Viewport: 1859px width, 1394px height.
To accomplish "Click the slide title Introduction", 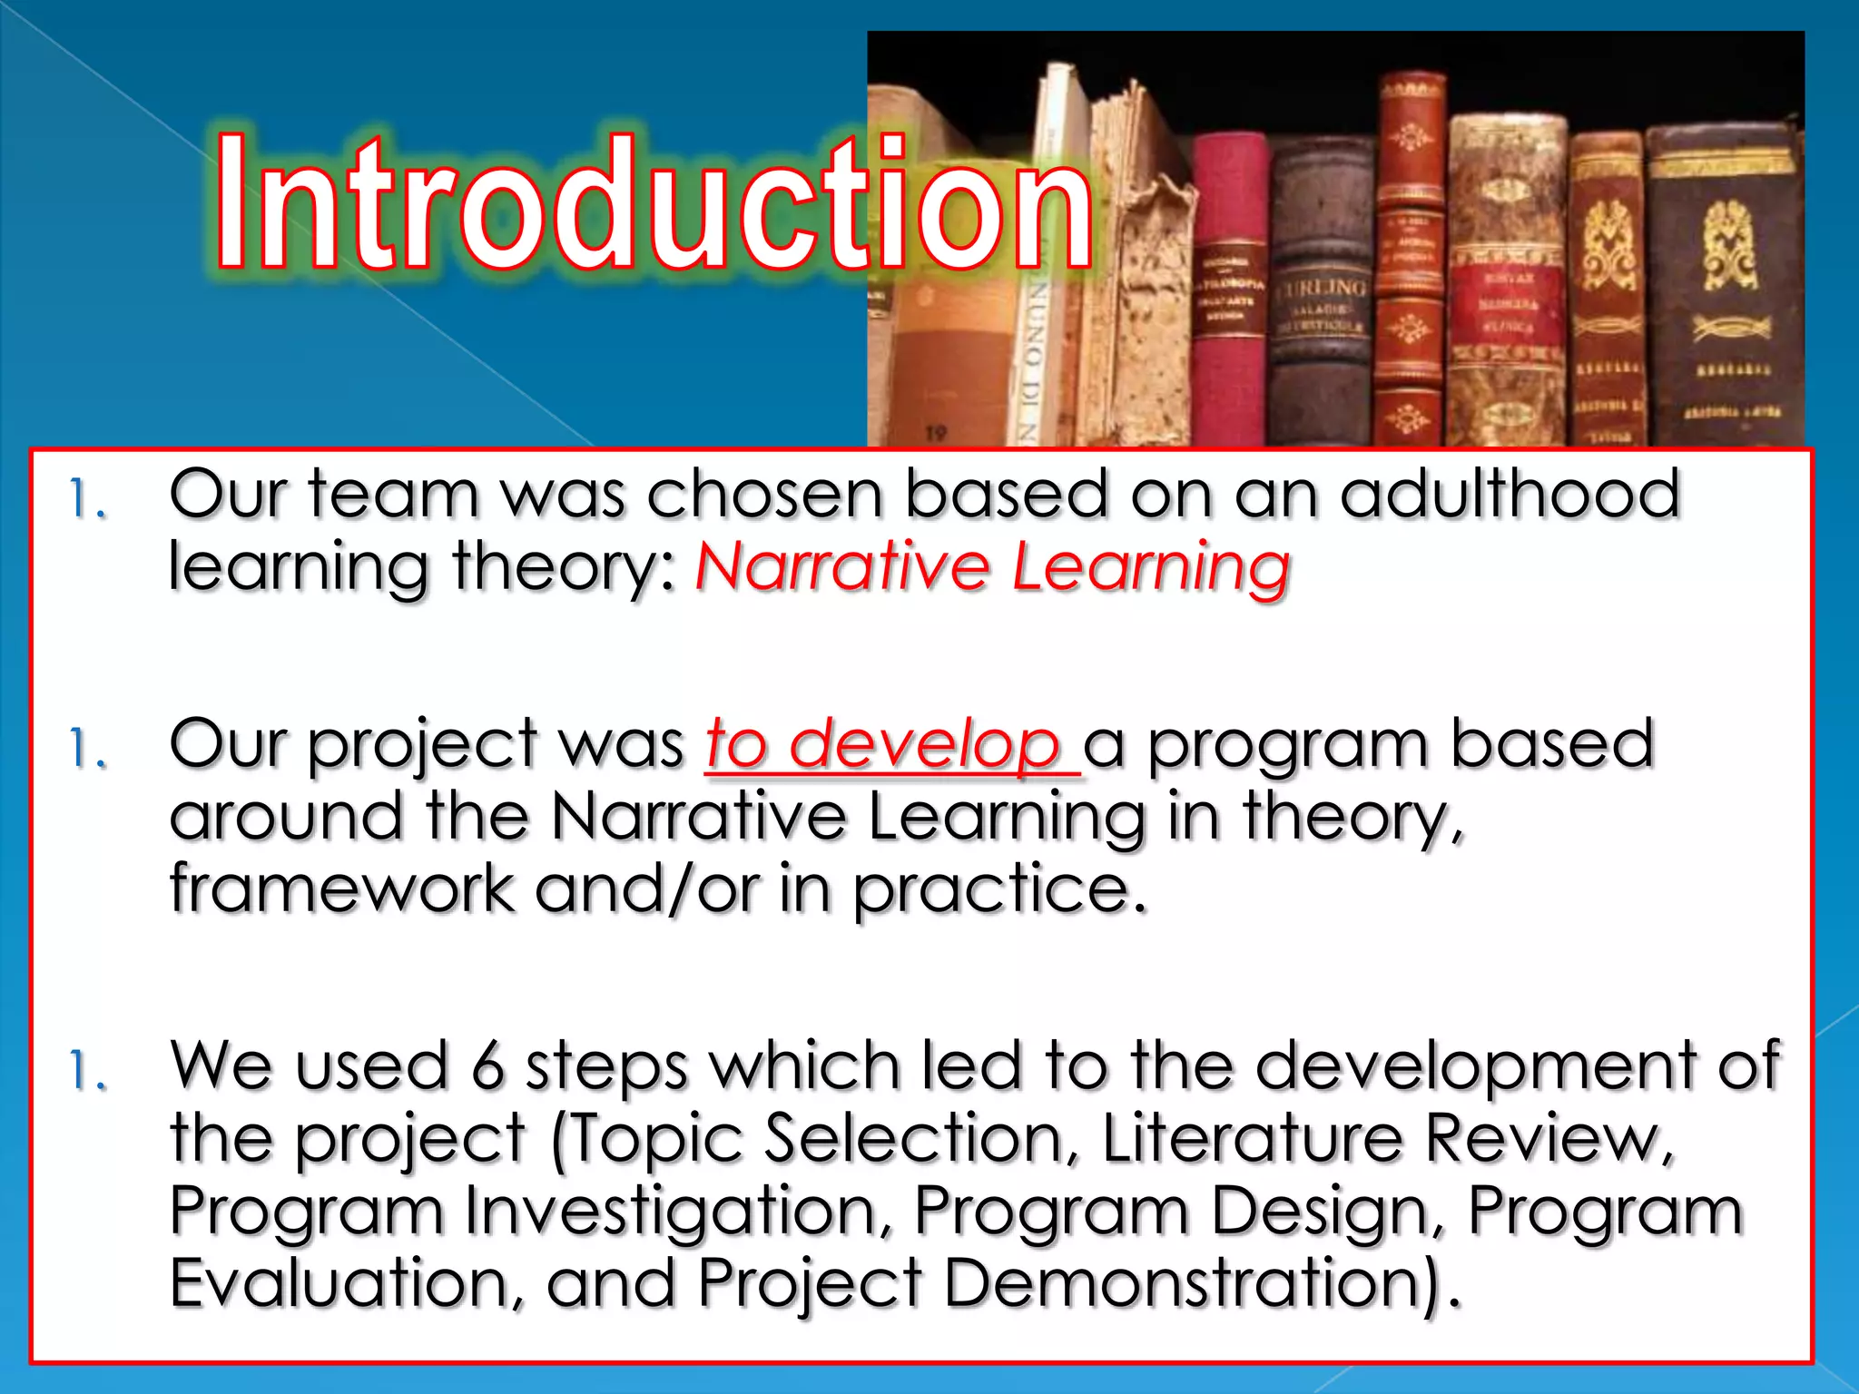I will click(654, 204).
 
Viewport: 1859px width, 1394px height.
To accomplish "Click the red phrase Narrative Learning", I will click(991, 567).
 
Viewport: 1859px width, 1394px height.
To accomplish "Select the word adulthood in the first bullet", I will click(1510, 495).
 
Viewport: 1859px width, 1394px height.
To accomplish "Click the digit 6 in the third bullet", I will click(487, 1065).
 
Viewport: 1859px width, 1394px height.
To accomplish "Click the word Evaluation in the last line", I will click(346, 1283).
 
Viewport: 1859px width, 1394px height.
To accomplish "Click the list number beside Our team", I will click(88, 501).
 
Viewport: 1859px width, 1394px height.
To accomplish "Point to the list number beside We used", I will click(88, 1072).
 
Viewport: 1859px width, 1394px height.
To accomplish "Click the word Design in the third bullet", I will click(1326, 1212).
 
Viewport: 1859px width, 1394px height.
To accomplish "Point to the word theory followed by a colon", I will click(563, 567).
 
